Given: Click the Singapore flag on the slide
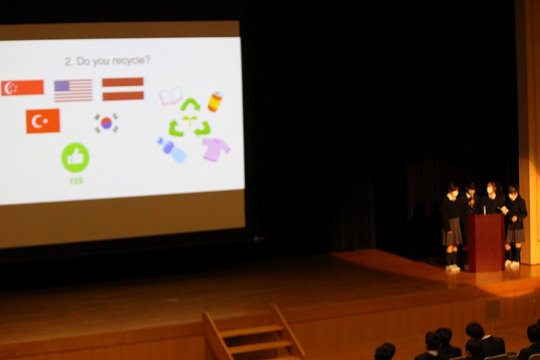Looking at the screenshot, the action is tap(22, 88).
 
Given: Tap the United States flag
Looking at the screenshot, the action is tap(74, 91).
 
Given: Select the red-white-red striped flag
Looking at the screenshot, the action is tap(123, 89).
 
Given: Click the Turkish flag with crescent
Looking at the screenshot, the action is tap(43, 121).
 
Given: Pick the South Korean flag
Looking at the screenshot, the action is tap(107, 123).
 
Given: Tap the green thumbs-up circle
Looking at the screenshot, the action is tap(76, 157).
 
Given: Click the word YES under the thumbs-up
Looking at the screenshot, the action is tap(76, 181).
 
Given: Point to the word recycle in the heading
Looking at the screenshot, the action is tap(131, 61).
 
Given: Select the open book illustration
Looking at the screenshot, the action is tap(171, 96).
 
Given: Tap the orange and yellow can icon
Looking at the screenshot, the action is tap(215, 101).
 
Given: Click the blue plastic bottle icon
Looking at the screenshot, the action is tap(172, 150).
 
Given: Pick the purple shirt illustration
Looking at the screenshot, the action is tap(215, 149).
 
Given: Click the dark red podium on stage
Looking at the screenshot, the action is tap(486, 242).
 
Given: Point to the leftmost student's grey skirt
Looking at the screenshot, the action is tap(452, 232).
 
